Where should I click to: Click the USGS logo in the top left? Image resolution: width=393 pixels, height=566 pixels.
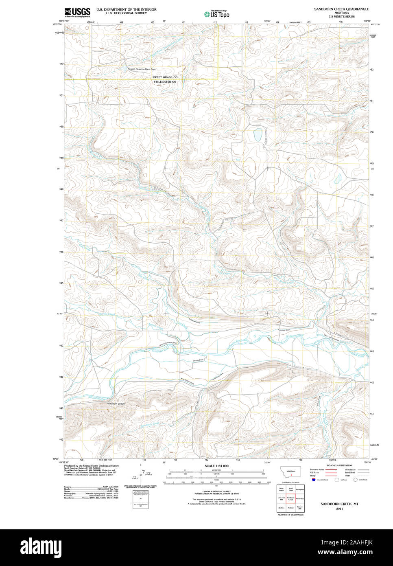77,12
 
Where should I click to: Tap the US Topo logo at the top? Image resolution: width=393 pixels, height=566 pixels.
217,14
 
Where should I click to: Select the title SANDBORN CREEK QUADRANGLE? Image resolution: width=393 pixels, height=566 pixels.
341,9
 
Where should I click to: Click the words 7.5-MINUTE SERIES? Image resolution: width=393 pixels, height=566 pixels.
341,17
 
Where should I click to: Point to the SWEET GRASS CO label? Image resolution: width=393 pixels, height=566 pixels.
165,77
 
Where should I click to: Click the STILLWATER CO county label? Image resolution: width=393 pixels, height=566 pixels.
165,82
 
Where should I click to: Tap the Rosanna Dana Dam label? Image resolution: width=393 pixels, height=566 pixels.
142,69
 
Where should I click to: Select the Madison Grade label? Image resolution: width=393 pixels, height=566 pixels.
116,404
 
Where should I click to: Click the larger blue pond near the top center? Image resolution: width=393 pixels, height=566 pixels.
257,134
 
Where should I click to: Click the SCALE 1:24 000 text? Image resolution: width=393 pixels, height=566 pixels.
216,466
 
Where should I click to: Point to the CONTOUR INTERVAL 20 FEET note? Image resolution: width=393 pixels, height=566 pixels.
216,491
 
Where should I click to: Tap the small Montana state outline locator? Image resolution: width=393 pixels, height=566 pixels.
291,473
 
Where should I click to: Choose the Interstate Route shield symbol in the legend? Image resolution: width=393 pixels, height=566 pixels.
314,480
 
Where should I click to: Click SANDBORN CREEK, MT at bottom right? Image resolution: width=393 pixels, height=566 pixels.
339,504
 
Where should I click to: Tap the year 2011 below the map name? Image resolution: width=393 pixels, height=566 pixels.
339,509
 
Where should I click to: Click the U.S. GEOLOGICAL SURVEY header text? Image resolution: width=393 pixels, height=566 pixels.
126,13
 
